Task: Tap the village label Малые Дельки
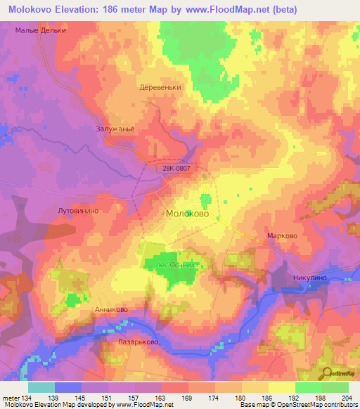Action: click(41, 31)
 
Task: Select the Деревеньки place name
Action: click(161, 89)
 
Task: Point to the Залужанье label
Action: click(115, 129)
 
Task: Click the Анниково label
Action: click(111, 309)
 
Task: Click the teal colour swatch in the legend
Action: click(41, 387)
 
